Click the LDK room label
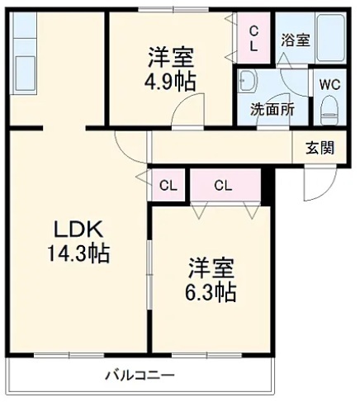[x=78, y=229]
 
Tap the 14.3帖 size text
[x=79, y=253]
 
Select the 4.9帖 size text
[x=170, y=82]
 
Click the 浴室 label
[x=296, y=40]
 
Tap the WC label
[x=330, y=84]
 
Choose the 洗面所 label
[x=272, y=110]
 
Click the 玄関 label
[x=320, y=148]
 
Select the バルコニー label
[x=140, y=376]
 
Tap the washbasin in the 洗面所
[x=248, y=81]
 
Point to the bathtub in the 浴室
[x=330, y=38]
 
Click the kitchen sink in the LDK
[x=24, y=73]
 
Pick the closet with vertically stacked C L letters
[x=253, y=38]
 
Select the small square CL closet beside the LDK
[x=168, y=186]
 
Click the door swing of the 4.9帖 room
[x=187, y=110]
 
